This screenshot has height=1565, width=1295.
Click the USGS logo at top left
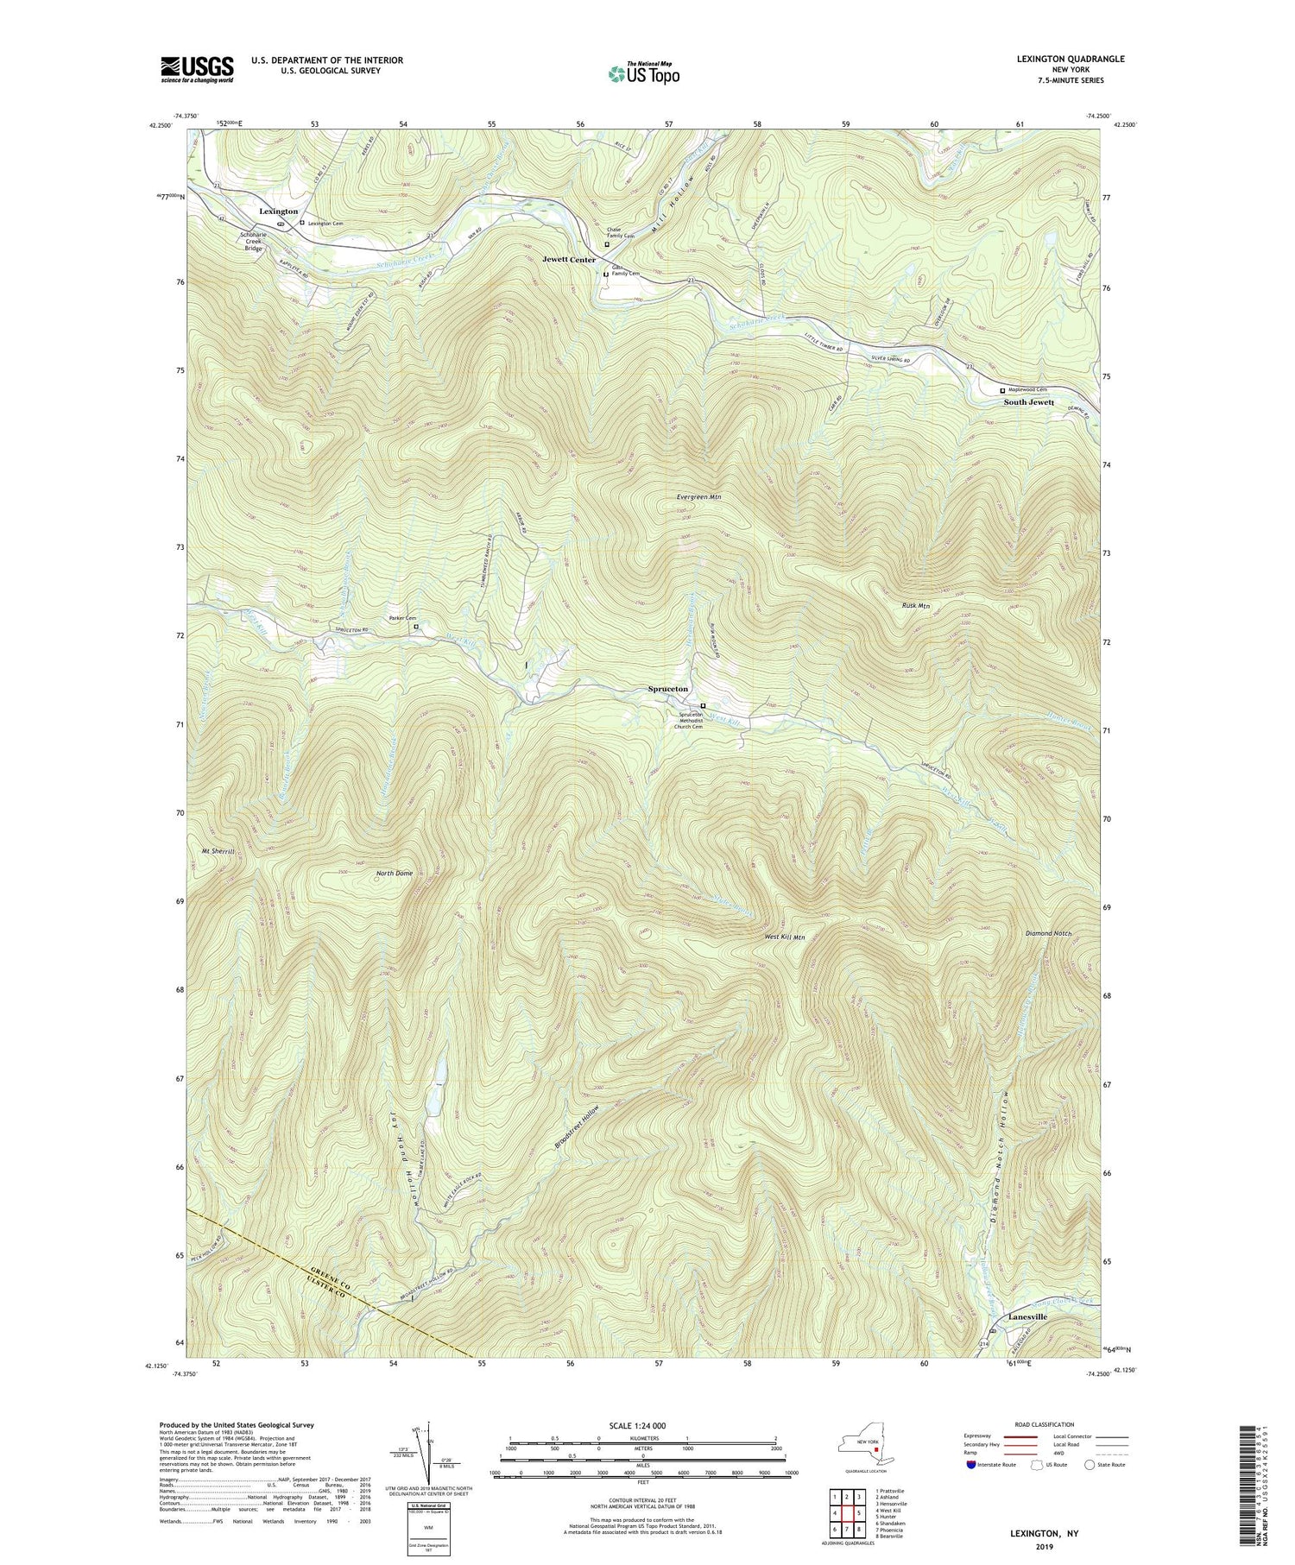(x=197, y=68)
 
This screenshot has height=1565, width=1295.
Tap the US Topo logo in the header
(x=643, y=74)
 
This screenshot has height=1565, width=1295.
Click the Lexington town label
(x=279, y=211)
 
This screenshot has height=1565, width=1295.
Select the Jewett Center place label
(x=569, y=260)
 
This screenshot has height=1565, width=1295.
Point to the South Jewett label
(x=1028, y=402)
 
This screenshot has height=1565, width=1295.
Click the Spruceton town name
(x=668, y=689)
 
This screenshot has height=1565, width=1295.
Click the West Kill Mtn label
(x=785, y=937)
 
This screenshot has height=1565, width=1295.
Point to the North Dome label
(x=395, y=873)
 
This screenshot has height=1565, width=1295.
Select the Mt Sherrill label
(x=219, y=852)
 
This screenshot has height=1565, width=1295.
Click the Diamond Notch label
(x=1047, y=933)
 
